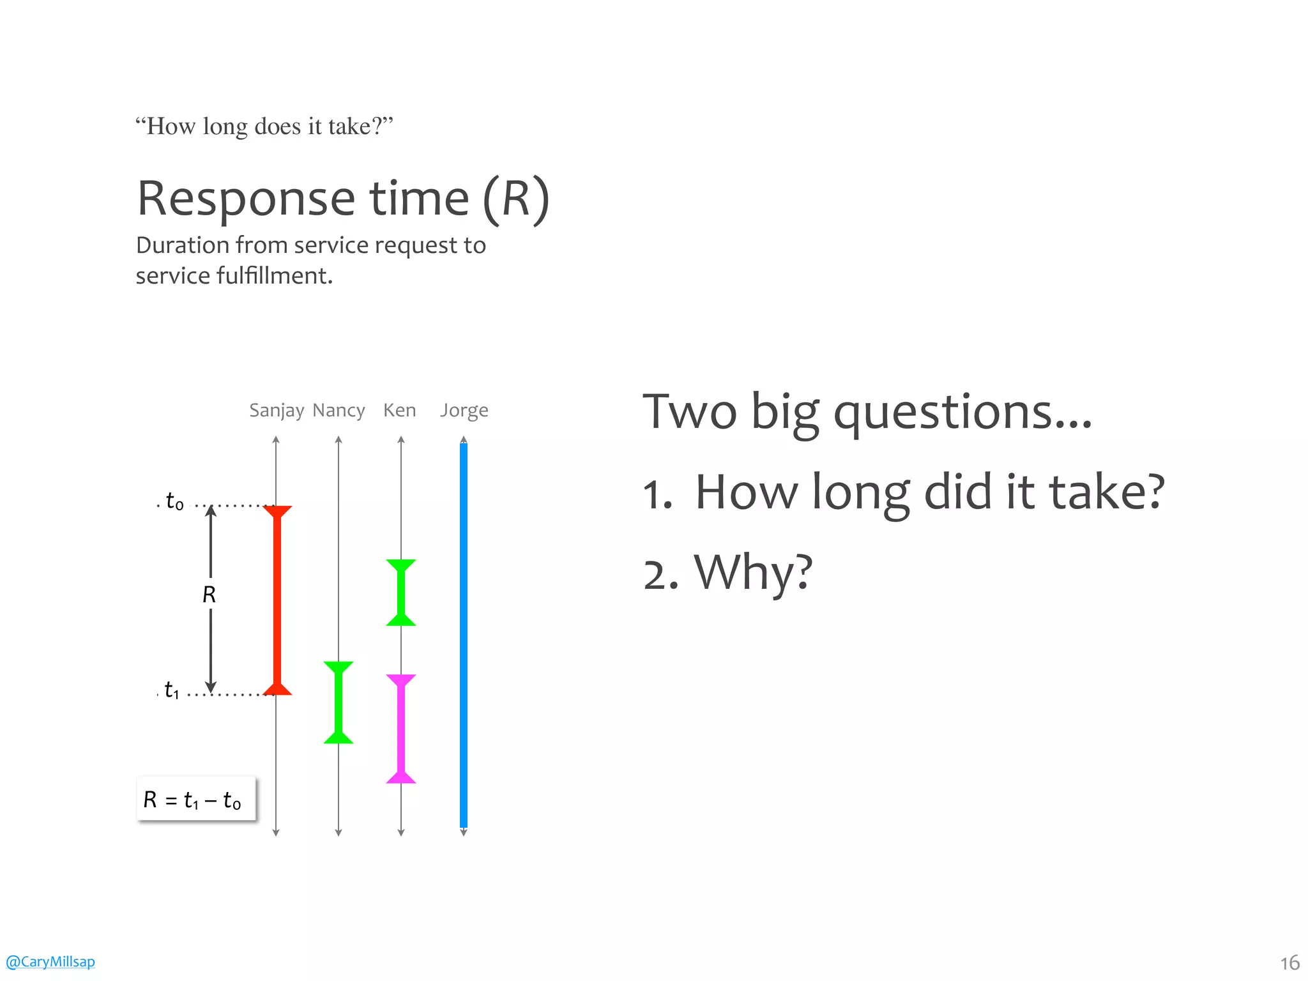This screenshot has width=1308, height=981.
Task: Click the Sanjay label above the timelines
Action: click(x=276, y=410)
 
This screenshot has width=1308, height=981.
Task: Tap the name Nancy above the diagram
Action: click(x=338, y=410)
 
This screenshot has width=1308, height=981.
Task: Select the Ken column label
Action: click(x=399, y=410)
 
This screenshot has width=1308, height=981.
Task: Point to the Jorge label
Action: click(x=464, y=410)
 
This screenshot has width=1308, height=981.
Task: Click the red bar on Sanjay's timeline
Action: click(x=277, y=600)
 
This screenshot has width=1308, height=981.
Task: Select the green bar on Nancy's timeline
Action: click(x=338, y=703)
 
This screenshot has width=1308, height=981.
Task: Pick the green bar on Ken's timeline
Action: click(x=401, y=593)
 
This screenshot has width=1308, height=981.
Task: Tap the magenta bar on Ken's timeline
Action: click(x=401, y=728)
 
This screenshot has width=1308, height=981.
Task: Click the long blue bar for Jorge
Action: click(x=464, y=635)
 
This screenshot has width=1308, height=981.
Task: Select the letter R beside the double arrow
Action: click(x=209, y=595)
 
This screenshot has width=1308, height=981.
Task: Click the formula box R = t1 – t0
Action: click(x=196, y=799)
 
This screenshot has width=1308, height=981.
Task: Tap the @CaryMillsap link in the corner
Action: click(x=50, y=961)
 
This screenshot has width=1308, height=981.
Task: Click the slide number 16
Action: click(x=1289, y=962)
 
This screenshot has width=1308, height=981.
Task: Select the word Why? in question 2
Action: click(x=754, y=572)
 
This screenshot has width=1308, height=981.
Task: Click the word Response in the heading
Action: click(x=246, y=199)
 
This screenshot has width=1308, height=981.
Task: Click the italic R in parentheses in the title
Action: click(x=516, y=199)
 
